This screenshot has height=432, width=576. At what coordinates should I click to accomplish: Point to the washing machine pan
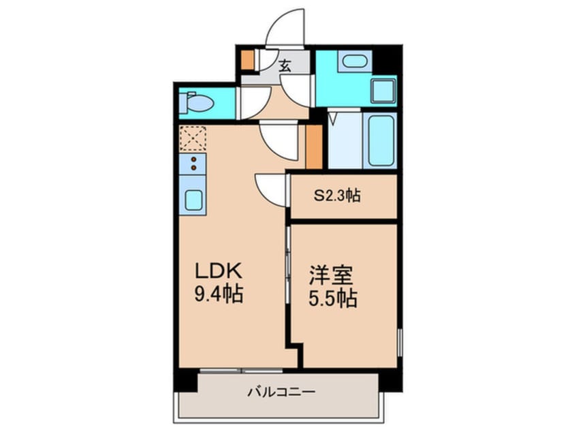[x=383, y=90]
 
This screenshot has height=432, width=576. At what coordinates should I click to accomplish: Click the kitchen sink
[x=193, y=200]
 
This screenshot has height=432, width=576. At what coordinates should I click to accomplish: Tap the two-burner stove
[x=193, y=164]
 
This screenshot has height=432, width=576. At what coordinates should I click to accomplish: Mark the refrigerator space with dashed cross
[x=193, y=140]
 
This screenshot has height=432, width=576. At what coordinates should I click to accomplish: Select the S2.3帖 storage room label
[x=336, y=196]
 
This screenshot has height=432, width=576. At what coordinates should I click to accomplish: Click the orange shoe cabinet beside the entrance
[x=248, y=60]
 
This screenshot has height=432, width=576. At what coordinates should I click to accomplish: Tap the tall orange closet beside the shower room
[x=313, y=145]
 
